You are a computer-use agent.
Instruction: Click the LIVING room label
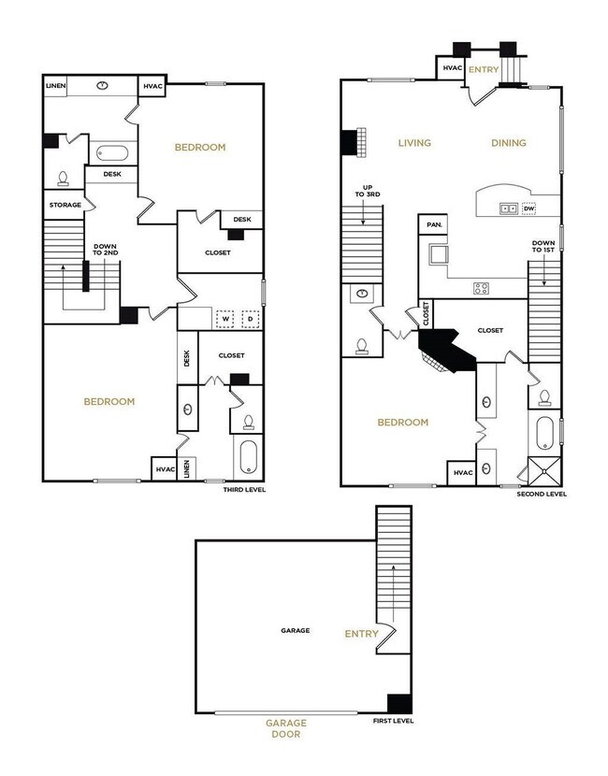point(414,143)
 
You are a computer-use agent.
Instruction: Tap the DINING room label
point(509,143)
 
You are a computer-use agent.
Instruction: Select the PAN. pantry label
point(433,225)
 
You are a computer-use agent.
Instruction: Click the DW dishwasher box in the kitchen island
point(529,208)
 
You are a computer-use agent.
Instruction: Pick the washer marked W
point(225,319)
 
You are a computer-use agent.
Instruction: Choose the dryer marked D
point(250,319)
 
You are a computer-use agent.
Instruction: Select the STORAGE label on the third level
point(65,205)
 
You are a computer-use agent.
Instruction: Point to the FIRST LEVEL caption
point(393,721)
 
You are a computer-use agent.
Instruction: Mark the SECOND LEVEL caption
point(542,494)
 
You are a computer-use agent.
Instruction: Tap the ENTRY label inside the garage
point(362,634)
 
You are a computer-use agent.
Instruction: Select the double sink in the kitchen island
point(510,208)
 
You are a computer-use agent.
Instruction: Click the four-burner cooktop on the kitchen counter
point(482,288)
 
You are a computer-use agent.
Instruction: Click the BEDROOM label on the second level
point(403,423)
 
